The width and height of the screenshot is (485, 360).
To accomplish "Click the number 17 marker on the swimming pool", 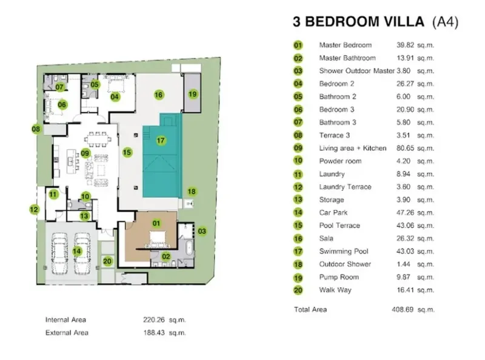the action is tap(161, 141).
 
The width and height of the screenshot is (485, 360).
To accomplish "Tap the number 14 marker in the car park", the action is tap(77, 251).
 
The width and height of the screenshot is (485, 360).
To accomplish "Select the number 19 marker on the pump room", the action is tap(192, 94).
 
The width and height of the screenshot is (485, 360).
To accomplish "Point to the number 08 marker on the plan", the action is tap(36, 129).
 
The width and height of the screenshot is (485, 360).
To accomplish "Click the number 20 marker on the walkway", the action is tap(107, 261).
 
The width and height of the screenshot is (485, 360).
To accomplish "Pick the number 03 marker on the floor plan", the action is tap(202, 231).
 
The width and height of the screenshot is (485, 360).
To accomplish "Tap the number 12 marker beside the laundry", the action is tap(34, 210).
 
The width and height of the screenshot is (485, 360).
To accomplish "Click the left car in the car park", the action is tap(59, 253).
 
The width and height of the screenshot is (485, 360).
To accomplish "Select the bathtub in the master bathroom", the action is tap(189, 248).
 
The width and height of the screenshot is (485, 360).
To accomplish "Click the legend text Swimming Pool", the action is tap(344, 252).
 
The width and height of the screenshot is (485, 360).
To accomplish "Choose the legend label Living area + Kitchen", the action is tap(353, 148).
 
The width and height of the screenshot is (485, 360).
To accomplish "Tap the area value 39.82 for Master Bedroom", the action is tap(405, 45).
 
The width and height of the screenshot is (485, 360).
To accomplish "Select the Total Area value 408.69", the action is tap(403, 310).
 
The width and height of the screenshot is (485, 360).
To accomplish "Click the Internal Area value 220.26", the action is tap(154, 320).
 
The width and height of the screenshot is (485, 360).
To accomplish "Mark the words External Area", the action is tap(67, 333).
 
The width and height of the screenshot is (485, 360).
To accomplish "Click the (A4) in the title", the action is tap(445, 22).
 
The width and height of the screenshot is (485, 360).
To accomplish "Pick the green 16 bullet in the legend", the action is tap(298, 238).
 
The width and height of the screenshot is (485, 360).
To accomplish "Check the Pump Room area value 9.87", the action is tap(403, 277).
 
